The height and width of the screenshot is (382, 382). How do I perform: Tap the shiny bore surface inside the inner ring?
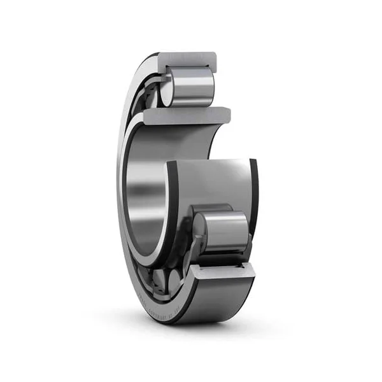click(143, 191)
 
